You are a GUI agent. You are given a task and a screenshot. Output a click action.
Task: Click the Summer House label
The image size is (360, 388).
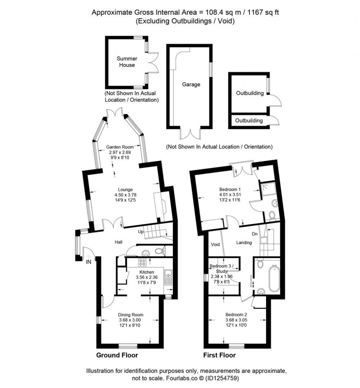[x=127, y=62]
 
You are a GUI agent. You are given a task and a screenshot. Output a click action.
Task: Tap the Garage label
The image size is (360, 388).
[x=191, y=84]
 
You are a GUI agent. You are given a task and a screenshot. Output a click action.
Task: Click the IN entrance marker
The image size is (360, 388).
[x=89, y=262]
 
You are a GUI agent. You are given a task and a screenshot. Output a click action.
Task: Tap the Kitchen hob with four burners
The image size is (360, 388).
[x=143, y=263]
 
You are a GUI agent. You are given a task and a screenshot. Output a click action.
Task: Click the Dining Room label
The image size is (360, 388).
[x=130, y=315]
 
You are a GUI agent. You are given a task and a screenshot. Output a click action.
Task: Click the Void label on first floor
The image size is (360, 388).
[x=215, y=245]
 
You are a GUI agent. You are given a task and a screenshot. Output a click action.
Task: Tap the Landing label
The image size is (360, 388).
[x=244, y=242]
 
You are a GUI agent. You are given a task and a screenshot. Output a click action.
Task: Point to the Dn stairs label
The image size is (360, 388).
[x=255, y=233]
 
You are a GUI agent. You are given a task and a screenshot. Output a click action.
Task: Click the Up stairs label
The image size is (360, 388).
[x=141, y=232]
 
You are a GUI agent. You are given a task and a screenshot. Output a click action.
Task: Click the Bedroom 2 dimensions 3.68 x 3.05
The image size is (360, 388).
[x=236, y=320]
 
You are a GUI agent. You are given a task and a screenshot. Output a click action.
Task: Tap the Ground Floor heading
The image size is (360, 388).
[x=117, y=355]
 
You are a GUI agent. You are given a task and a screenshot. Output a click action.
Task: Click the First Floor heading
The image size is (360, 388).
[x=219, y=355]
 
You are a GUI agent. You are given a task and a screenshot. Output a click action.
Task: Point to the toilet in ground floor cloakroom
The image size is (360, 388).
[x=160, y=251]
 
